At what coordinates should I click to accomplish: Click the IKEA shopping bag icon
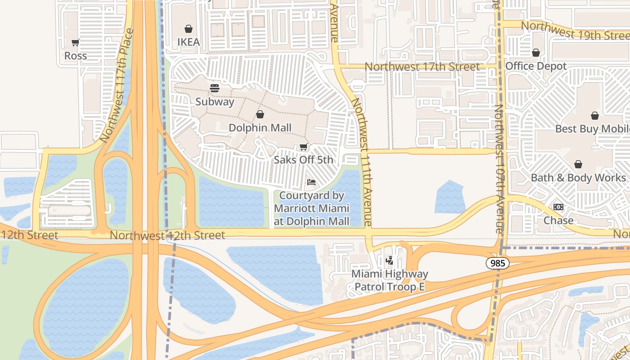click(x=189, y=29)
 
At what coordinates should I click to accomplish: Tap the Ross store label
click(x=76, y=56)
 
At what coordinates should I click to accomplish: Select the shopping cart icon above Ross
click(x=76, y=42)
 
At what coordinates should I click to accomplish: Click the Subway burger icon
click(x=215, y=88)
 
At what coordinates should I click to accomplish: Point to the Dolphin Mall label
click(x=260, y=128)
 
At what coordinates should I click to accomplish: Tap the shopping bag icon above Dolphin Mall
click(x=260, y=114)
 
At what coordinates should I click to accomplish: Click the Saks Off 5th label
click(x=304, y=160)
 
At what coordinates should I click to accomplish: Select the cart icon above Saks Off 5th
click(x=304, y=147)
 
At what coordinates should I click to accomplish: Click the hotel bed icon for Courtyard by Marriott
click(x=311, y=182)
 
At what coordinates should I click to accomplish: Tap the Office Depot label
click(x=536, y=66)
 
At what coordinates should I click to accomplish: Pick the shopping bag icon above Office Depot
click(x=536, y=53)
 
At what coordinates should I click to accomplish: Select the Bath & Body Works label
click(x=578, y=178)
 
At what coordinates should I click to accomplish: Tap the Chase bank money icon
click(x=558, y=207)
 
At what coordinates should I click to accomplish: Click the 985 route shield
click(x=498, y=263)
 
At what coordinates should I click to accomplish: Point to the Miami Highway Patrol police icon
click(x=390, y=260)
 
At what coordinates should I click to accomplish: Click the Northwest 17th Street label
click(x=422, y=67)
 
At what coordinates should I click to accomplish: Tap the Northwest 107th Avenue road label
click(x=499, y=169)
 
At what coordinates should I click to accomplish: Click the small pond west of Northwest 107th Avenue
click(x=450, y=198)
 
